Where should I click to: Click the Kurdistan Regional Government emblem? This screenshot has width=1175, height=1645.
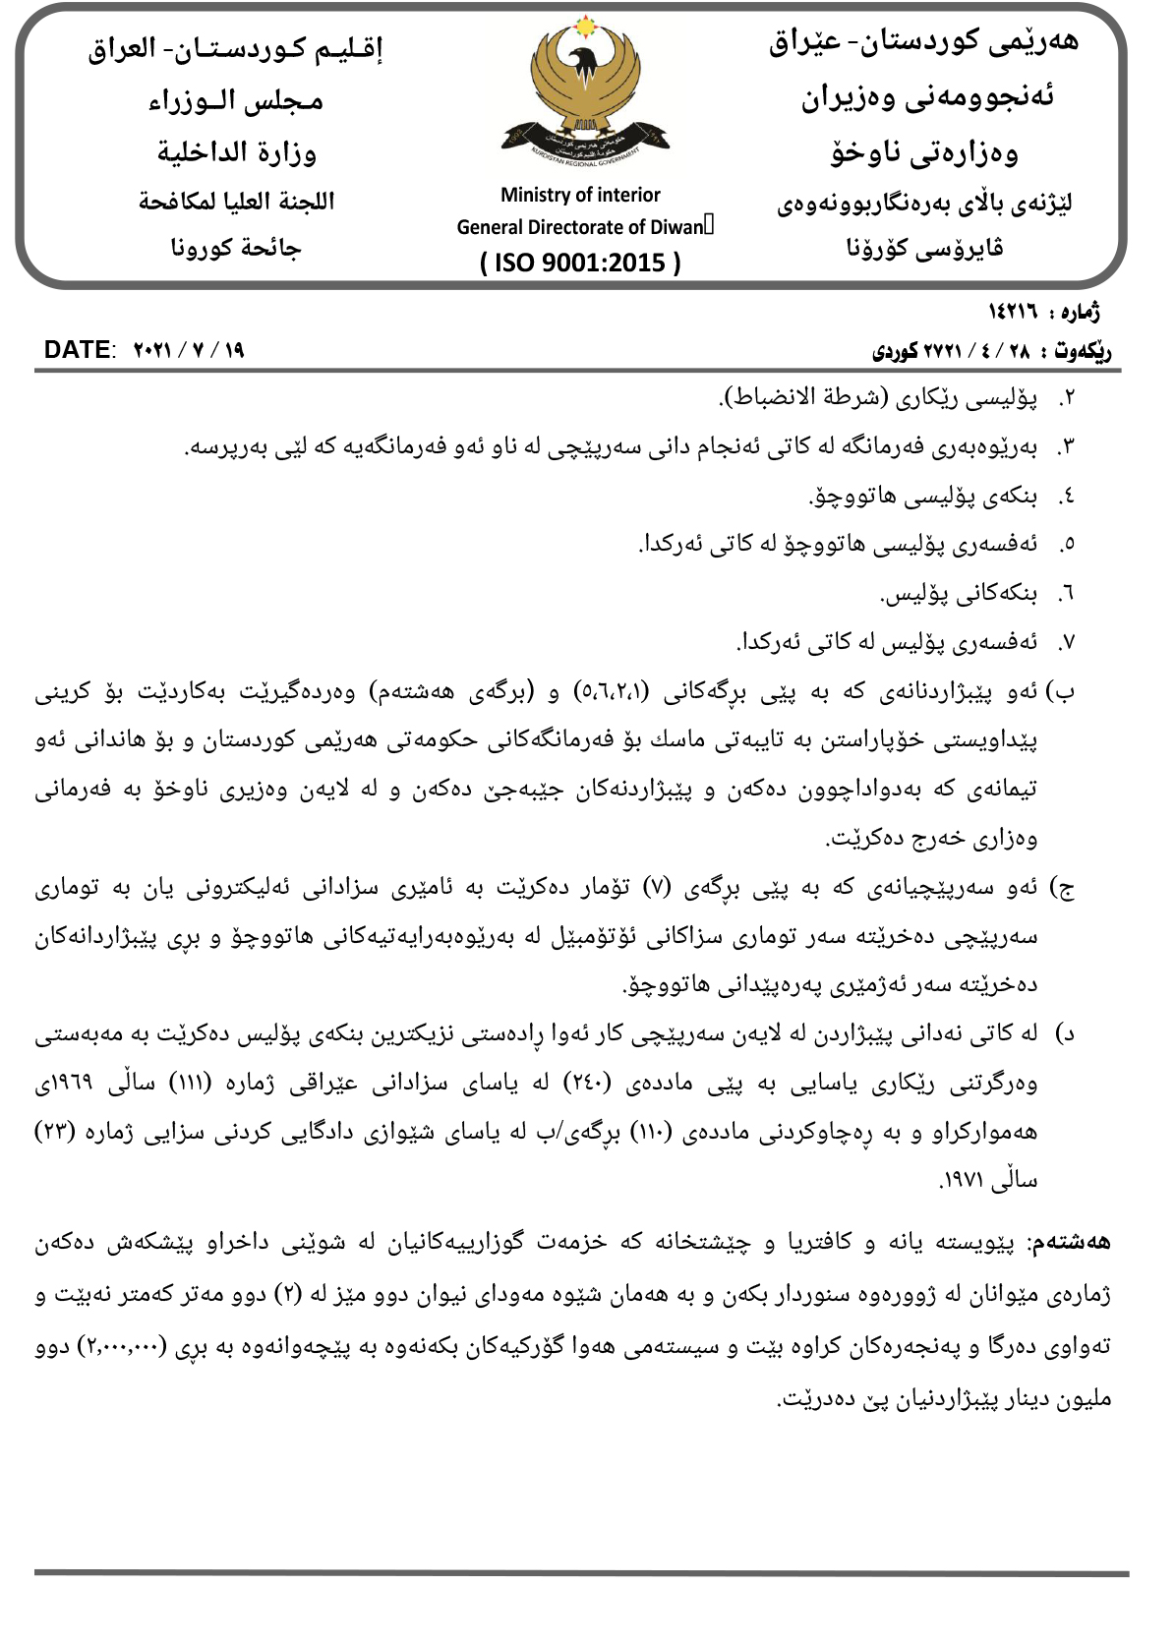tap(584, 93)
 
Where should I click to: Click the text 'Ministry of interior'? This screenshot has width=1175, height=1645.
tap(580, 195)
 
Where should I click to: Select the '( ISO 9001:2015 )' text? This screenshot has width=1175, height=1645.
tap(580, 263)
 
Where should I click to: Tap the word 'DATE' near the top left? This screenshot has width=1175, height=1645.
tap(77, 350)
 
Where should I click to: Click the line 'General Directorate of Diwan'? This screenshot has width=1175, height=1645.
tap(580, 227)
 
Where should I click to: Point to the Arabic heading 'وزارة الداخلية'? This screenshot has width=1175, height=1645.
tap(237, 152)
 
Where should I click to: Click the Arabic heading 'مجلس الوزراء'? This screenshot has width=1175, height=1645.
tap(236, 101)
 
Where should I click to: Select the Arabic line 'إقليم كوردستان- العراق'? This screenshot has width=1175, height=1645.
tap(236, 48)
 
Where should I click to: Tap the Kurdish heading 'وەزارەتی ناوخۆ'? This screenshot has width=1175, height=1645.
tap(924, 152)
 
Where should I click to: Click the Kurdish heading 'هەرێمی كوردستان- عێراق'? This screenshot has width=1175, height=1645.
tap(924, 42)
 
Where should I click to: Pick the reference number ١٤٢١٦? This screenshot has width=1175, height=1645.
tap(1014, 313)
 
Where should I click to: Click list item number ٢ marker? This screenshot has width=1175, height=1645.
tap(1067, 398)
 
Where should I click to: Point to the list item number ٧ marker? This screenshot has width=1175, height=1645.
tap(1067, 643)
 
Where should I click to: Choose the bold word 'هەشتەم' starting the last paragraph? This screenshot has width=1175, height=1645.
tap(1082, 1242)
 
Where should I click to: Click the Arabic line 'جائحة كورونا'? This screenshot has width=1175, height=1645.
tap(236, 248)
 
